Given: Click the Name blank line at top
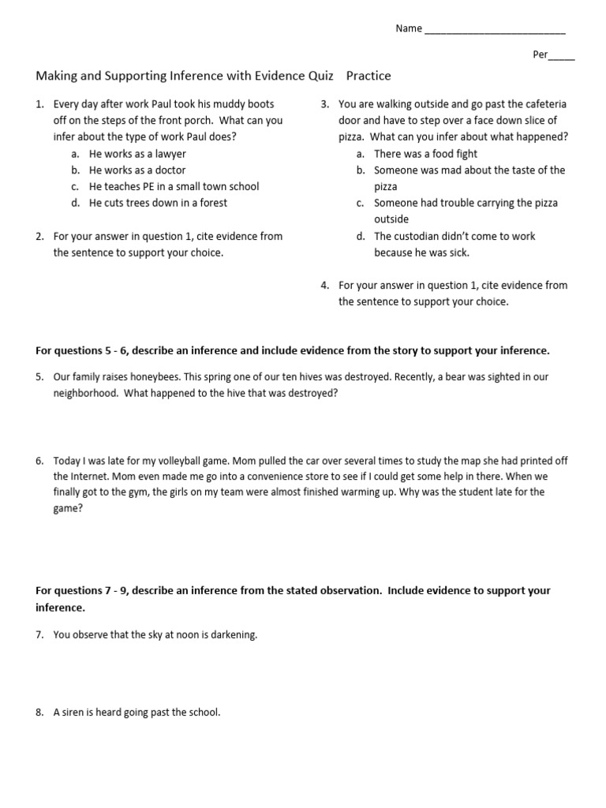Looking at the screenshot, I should pyautogui.click(x=494, y=31).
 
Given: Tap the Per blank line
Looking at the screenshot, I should pyautogui.click(x=562, y=58).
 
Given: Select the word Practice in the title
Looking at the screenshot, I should pyautogui.click(x=368, y=77).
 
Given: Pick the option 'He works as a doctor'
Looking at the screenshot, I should pyautogui.click(x=137, y=170).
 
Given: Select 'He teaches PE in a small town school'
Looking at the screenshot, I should pyautogui.click(x=174, y=187).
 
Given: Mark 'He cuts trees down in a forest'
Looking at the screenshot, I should pyautogui.click(x=158, y=203).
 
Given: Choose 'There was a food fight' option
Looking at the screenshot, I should pyautogui.click(x=425, y=154).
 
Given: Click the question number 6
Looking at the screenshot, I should pyautogui.click(x=39, y=460).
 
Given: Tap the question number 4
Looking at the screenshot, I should pyautogui.click(x=325, y=286).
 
